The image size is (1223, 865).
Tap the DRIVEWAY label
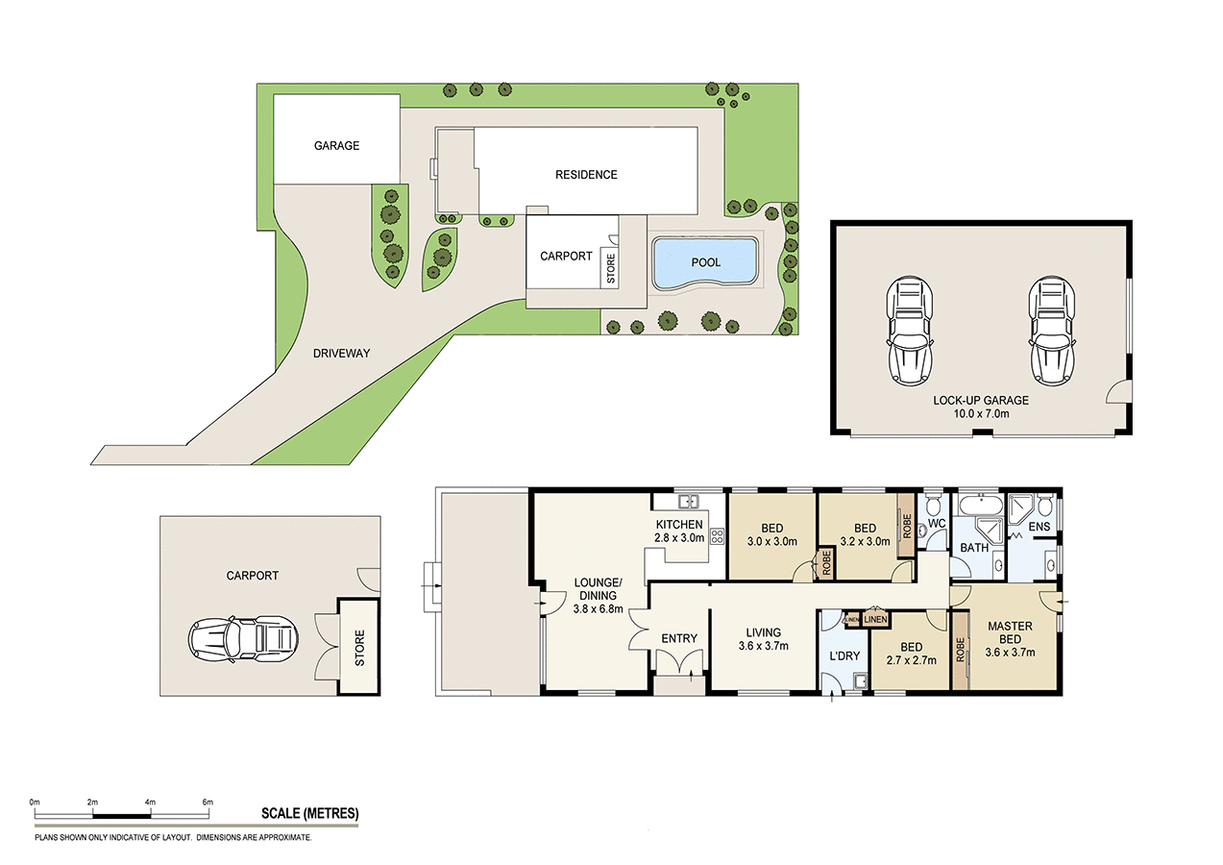click(341, 354)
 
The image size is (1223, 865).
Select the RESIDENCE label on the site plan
click(586, 175)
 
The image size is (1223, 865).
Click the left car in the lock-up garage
click(909, 330)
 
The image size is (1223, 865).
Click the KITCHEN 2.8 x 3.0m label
click(680, 531)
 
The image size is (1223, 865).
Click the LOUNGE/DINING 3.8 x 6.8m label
click(599, 595)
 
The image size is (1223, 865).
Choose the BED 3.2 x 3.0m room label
click(865, 534)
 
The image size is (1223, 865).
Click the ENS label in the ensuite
click(1040, 528)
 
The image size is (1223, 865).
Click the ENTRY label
click(679, 639)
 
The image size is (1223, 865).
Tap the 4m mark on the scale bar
click(150, 802)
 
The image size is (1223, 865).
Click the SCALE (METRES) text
click(310, 813)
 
